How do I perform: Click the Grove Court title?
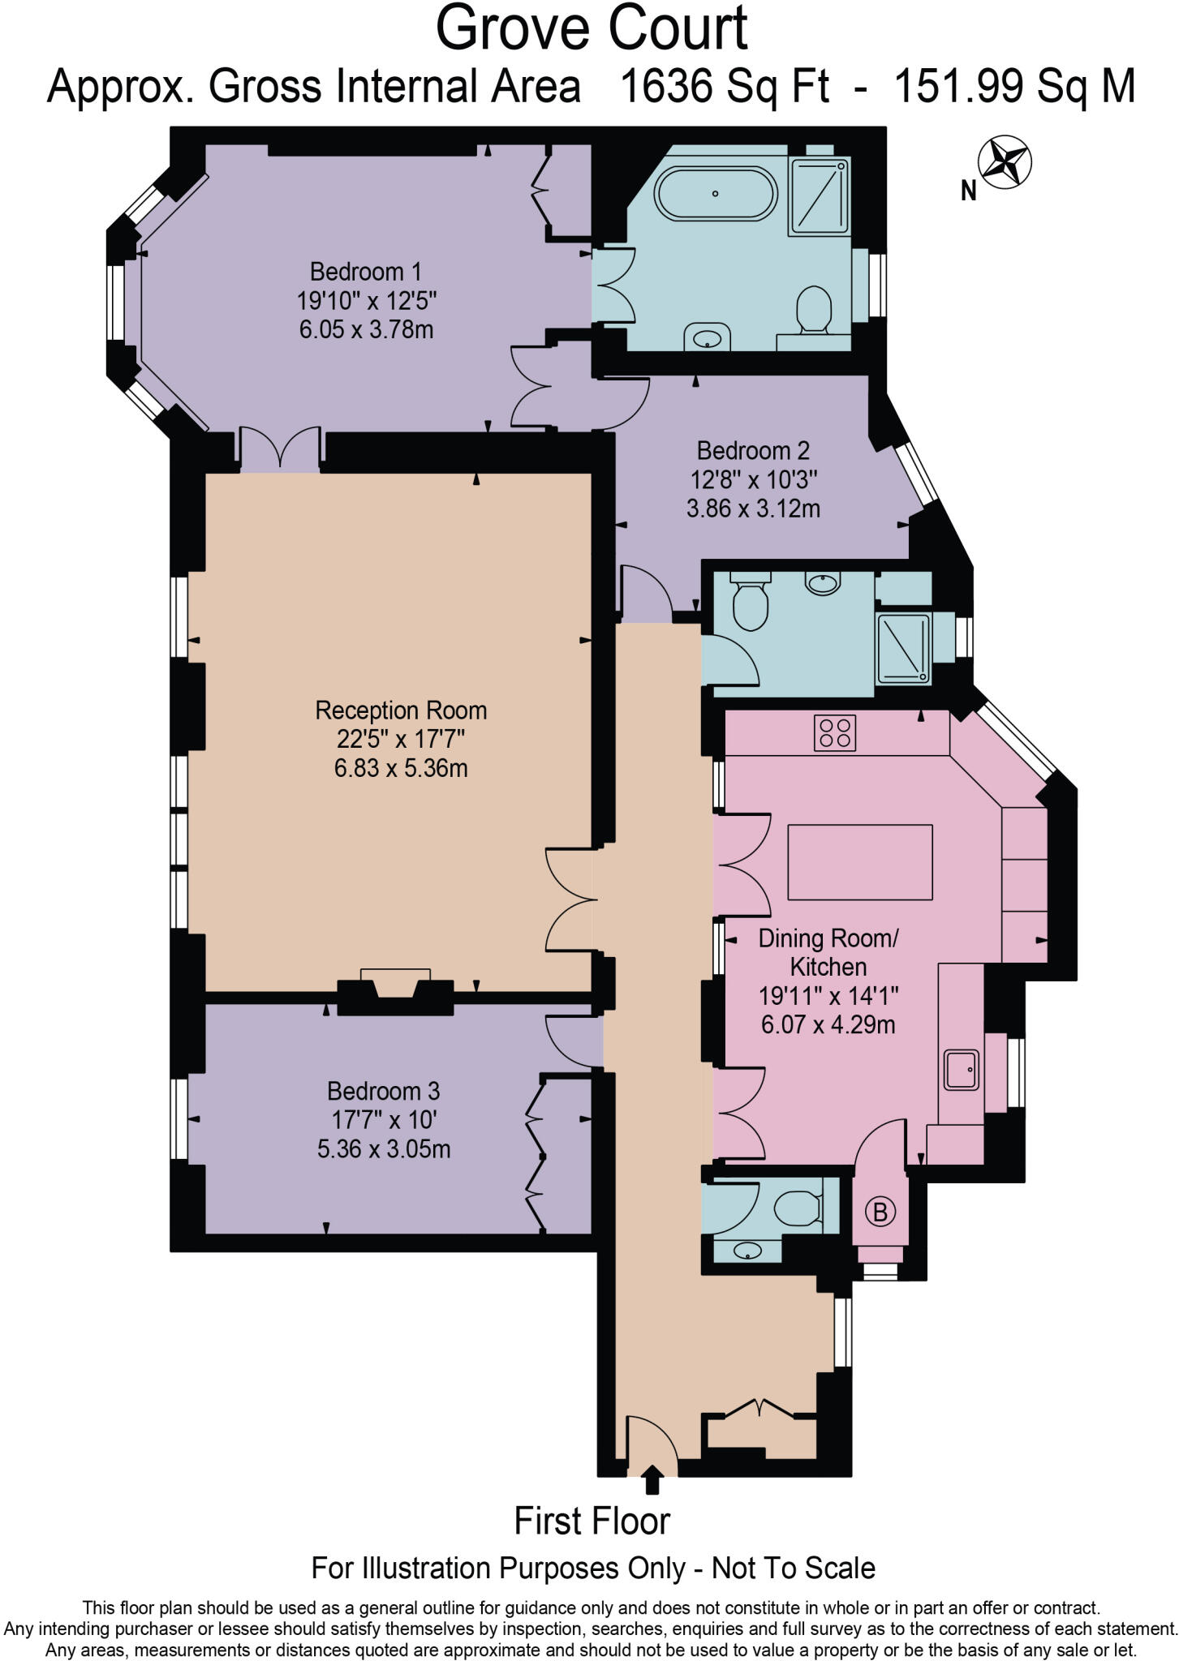pyautogui.click(x=591, y=29)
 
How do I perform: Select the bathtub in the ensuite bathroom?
pyautogui.click(x=716, y=194)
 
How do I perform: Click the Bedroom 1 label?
pyautogui.click(x=366, y=271)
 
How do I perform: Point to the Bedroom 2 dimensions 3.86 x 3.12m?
pyautogui.click(x=753, y=509)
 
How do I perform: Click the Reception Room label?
pyautogui.click(x=401, y=710)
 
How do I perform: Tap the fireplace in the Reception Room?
pyautogui.click(x=395, y=989)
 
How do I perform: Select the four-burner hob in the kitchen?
pyautogui.click(x=836, y=732)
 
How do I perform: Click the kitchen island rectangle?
pyautogui.click(x=860, y=862)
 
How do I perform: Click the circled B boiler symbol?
pyautogui.click(x=880, y=1212)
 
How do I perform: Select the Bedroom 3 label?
pyautogui.click(x=383, y=1090)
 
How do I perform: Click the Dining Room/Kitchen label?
pyautogui.click(x=828, y=952)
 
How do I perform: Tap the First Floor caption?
pyautogui.click(x=592, y=1522)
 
